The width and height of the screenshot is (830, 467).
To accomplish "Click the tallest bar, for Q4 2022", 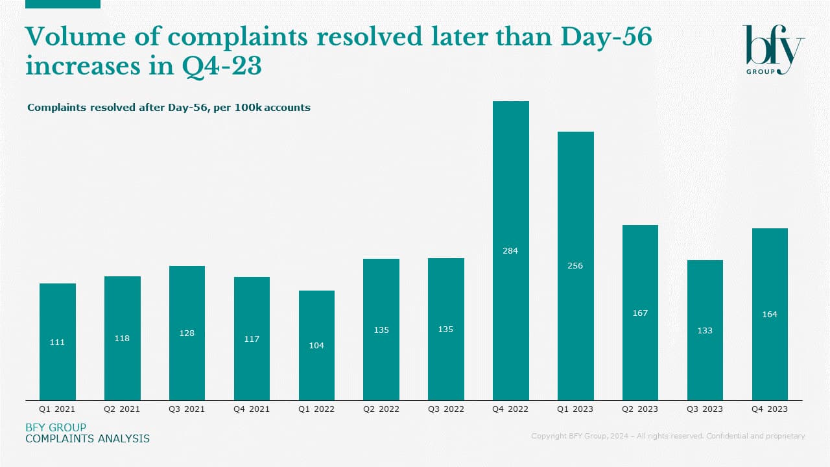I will [510, 195].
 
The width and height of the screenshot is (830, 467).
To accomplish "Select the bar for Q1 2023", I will [575, 208].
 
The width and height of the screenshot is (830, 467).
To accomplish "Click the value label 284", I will [510, 250].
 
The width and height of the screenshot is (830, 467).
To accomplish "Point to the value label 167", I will [640, 313].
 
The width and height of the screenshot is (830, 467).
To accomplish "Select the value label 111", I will [57, 342].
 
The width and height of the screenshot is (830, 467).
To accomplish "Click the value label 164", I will [770, 315].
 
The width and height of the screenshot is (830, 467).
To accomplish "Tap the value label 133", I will [705, 331].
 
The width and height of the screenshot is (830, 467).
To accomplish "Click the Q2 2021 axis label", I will [122, 409].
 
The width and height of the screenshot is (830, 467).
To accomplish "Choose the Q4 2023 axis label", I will [770, 409].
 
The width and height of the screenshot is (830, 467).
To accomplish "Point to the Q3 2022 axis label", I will [445, 409].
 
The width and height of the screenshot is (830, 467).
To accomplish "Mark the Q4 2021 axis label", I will [252, 409].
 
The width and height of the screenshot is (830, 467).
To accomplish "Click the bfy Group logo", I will [773, 50].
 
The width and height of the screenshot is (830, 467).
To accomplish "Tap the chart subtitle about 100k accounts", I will [169, 108].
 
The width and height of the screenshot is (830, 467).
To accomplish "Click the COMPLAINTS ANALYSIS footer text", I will [88, 439].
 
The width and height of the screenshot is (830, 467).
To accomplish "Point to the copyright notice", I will [668, 436].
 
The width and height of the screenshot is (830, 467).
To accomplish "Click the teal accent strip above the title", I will [62, 4].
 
